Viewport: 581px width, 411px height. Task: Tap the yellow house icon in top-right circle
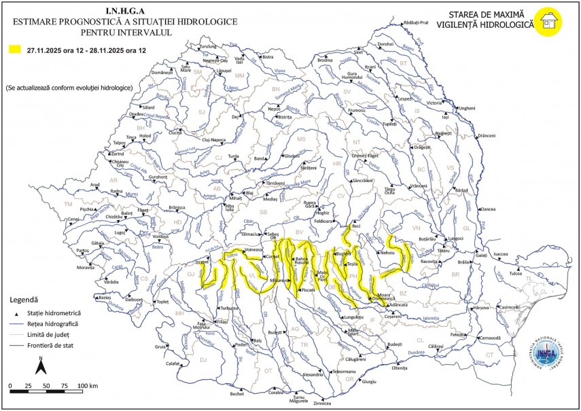[547, 22]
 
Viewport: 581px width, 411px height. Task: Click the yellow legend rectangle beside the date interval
[14, 50]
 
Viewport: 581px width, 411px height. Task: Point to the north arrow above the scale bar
[40, 366]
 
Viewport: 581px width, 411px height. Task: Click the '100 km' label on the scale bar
[88, 386]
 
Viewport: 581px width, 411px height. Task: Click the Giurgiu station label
[369, 382]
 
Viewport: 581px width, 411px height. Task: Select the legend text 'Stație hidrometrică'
[54, 313]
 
